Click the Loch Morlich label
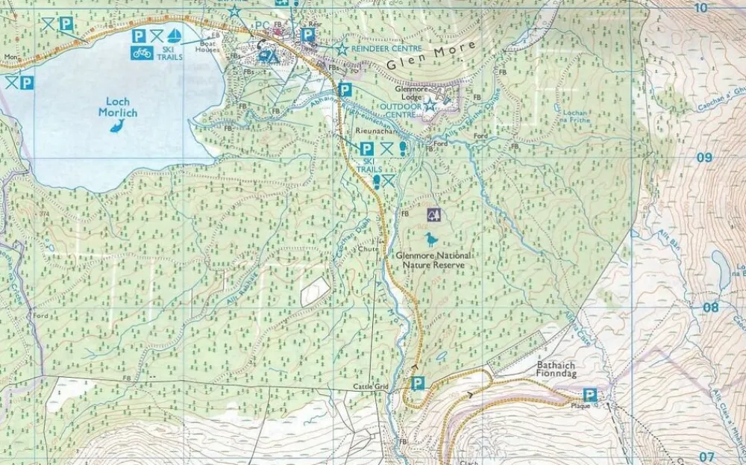117,107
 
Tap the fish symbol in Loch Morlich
117,126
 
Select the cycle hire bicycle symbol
142,52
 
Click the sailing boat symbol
175,35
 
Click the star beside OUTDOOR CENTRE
430,105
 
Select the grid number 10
700,7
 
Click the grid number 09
703,157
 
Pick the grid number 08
710,307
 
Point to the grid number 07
706,455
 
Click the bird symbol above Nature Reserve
431,240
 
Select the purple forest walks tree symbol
434,215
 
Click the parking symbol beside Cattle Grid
418,384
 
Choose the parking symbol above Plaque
589,394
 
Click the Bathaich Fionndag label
559,370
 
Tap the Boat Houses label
207,46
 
